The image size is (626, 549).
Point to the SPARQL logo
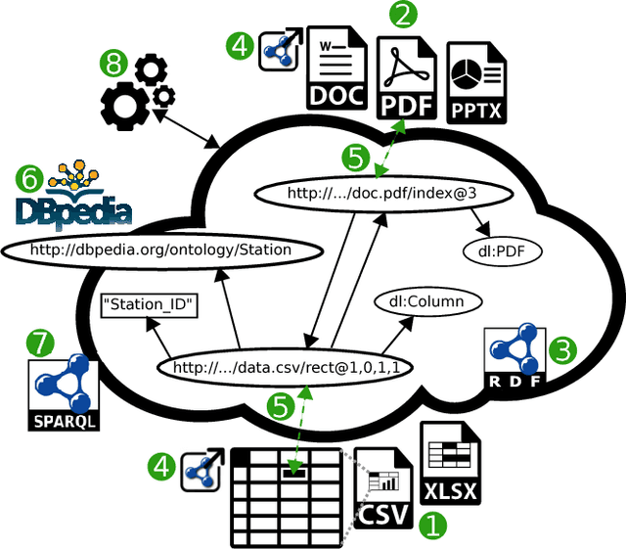(x=63, y=394)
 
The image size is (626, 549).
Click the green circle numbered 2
(x=403, y=15)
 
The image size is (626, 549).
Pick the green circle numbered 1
(x=431, y=526)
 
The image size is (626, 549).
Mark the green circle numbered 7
(x=40, y=343)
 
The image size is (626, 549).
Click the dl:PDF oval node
(x=502, y=252)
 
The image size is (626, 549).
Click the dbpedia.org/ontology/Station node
(x=161, y=250)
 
